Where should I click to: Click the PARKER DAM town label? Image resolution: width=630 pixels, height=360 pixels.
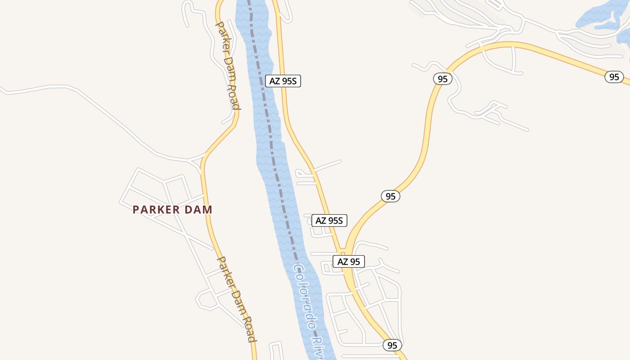click(172, 210)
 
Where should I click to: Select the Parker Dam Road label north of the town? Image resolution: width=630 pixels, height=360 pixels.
click(228, 66)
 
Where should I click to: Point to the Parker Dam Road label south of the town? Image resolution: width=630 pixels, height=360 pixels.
click(237, 299)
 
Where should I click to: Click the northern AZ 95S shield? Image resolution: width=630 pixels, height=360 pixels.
click(283, 81)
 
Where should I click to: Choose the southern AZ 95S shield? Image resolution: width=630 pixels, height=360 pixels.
click(329, 220)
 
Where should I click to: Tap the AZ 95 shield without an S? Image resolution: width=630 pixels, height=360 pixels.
click(349, 261)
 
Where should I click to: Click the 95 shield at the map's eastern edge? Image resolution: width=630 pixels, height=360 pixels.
click(614, 77)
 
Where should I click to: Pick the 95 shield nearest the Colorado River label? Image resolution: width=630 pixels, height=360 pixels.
click(392, 345)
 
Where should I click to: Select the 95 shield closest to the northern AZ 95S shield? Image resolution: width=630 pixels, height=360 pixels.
click(443, 79)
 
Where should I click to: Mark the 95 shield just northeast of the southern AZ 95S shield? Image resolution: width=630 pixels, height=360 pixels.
click(391, 196)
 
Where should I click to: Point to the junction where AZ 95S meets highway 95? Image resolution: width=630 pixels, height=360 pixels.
click(344, 250)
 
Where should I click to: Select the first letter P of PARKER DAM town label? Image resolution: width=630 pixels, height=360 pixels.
click(136, 210)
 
